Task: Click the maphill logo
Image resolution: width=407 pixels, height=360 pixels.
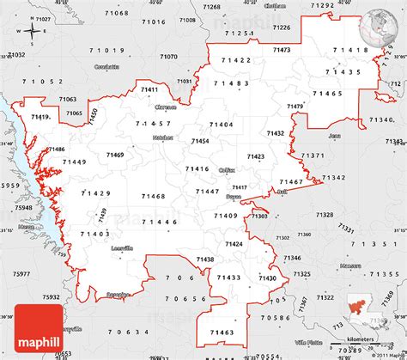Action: coord(40,340)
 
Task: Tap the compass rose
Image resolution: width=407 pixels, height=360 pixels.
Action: coord(32,32)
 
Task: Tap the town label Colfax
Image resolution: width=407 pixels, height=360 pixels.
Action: coord(227,170)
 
